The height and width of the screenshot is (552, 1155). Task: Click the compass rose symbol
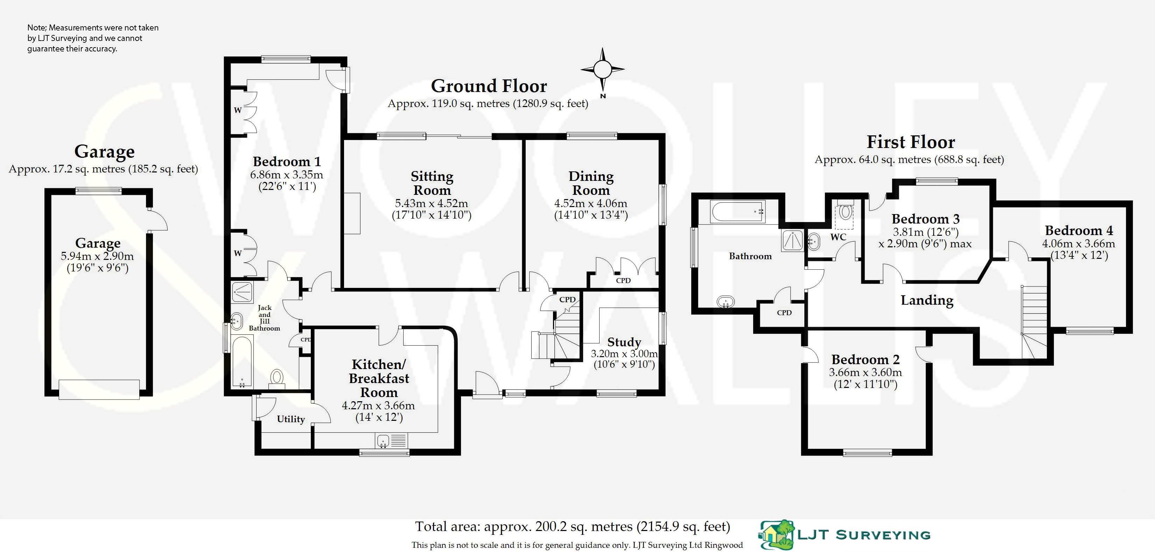click(x=602, y=70)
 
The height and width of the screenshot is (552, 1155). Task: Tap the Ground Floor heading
click(x=489, y=86)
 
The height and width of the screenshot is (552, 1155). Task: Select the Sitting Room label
click(x=432, y=183)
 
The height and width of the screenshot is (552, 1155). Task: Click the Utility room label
click(x=290, y=419)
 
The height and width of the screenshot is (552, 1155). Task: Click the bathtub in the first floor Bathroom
click(x=737, y=212)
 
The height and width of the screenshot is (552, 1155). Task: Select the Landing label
click(x=927, y=300)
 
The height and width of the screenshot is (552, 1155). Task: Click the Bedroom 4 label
click(x=1078, y=231)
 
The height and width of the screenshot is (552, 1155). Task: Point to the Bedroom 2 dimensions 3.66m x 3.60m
click(x=865, y=372)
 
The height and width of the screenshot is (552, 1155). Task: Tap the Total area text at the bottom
click(x=572, y=526)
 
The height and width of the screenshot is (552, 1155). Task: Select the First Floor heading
click(x=910, y=142)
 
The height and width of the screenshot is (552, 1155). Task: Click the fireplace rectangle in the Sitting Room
click(x=352, y=213)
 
